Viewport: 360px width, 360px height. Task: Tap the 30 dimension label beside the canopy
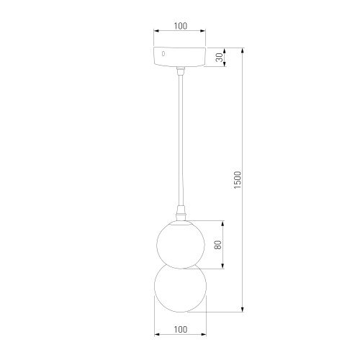point(219,58)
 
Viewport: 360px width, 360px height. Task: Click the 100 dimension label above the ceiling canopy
point(180,26)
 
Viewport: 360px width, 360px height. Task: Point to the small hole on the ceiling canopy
point(163,53)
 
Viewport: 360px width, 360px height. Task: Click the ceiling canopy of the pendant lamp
point(180,58)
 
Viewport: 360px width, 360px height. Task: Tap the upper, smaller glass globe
point(180,242)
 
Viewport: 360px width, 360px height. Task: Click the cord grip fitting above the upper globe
point(180,213)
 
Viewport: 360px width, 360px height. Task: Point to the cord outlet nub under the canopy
point(180,71)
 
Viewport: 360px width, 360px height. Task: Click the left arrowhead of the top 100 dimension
point(157,32)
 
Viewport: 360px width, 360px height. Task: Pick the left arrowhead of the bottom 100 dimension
point(157,336)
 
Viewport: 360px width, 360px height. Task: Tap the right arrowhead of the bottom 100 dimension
point(204,336)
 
